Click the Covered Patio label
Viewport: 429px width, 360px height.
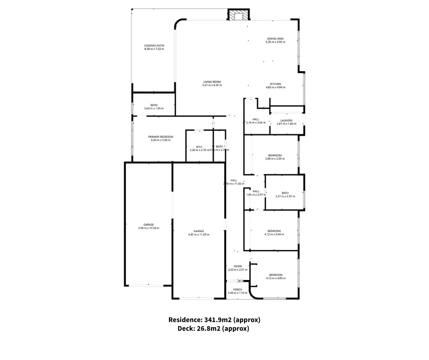154,46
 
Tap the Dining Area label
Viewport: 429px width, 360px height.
275,38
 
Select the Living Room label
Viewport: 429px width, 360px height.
212,82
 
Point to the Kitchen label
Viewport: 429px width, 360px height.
275,84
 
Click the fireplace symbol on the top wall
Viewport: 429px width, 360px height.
239,16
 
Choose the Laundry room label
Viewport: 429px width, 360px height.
286,121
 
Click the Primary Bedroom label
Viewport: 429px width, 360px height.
160,137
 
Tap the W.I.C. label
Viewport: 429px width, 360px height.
199,146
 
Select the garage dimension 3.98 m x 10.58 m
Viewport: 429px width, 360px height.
148,228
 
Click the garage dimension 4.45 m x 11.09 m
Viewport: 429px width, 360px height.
198,235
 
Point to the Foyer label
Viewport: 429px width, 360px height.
237,266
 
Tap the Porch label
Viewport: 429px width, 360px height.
237,289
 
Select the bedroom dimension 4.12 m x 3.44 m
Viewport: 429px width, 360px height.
274,234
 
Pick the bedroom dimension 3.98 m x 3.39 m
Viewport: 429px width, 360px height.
275,159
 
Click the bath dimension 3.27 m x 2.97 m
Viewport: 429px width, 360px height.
285,196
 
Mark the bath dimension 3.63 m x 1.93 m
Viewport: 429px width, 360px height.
154,109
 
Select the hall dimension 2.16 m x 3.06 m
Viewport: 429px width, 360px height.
256,123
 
